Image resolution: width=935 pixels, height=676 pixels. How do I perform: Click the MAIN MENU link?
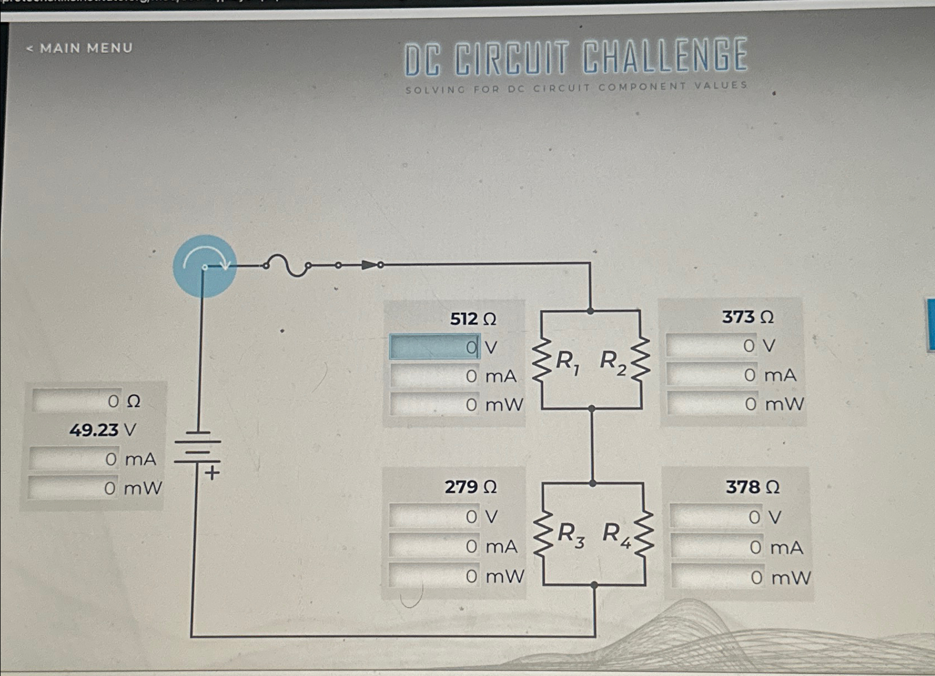click(80, 48)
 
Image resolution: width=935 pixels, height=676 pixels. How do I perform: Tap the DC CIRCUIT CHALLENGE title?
click(575, 57)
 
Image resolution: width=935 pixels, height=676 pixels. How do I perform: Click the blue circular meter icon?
click(205, 266)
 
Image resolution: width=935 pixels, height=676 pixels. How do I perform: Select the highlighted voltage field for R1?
click(434, 347)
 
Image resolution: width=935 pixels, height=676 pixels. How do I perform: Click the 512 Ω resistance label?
click(473, 319)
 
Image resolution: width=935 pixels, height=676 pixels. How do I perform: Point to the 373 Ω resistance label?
click(747, 317)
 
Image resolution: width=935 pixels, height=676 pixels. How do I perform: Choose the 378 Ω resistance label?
click(752, 487)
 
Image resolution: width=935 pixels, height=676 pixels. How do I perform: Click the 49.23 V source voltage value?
click(102, 430)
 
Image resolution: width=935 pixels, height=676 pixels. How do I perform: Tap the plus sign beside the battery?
click(213, 473)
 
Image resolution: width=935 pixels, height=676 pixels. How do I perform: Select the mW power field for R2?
click(711, 403)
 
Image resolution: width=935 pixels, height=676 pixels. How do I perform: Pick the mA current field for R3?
click(433, 546)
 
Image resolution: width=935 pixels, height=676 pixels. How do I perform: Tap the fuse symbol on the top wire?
click(286, 265)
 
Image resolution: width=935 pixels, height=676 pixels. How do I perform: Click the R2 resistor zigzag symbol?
click(640, 360)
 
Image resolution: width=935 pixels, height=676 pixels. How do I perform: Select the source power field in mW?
click(73, 488)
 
